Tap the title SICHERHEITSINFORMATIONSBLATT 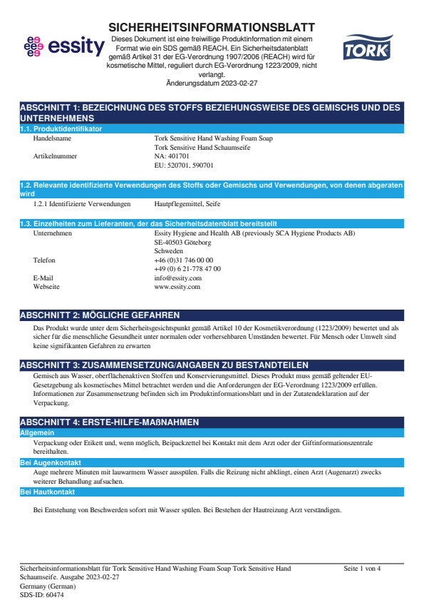[x=212, y=27]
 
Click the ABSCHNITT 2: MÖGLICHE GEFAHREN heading [x=99, y=315]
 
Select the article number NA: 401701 [x=172, y=156]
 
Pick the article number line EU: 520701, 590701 [x=183, y=165]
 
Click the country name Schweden [x=168, y=251]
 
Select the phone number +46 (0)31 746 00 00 [x=183, y=260]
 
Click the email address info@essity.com [x=177, y=278]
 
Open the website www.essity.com [x=177, y=286]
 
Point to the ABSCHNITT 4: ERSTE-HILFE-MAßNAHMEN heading [x=109, y=422]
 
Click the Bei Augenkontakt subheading [x=50, y=463]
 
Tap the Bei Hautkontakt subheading [x=47, y=492]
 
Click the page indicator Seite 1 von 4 [x=362, y=569]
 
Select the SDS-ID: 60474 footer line [x=41, y=594]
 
